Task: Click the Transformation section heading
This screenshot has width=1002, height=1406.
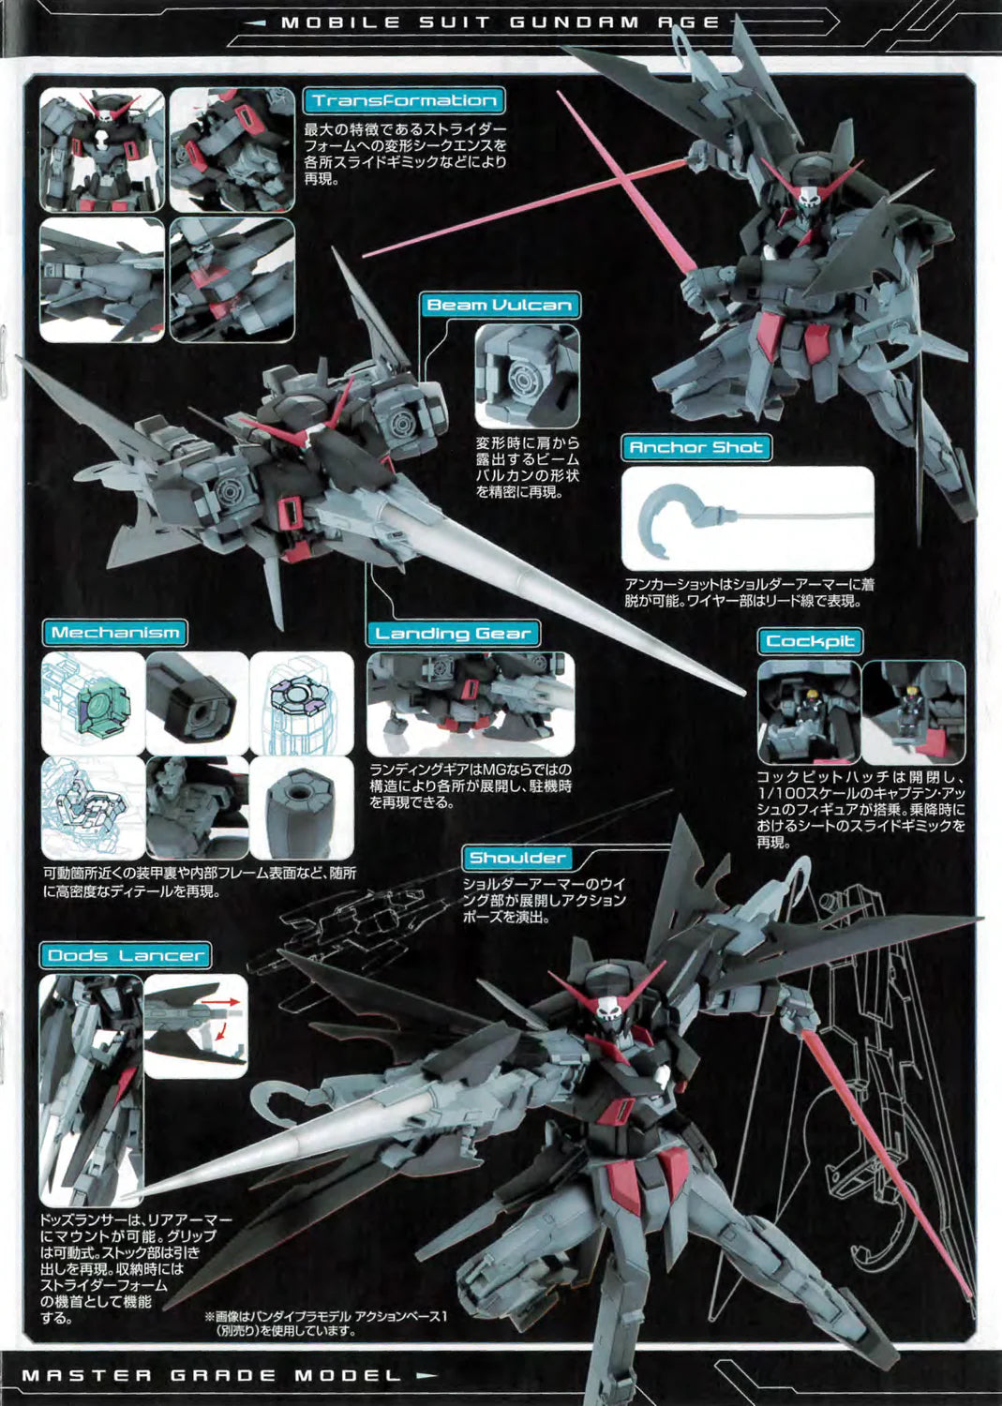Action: point(404,101)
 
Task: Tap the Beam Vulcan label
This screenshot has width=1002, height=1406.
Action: point(499,306)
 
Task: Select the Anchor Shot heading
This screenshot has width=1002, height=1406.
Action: point(695,448)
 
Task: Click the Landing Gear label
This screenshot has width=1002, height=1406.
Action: point(453,634)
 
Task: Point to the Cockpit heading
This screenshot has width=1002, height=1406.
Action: point(810,642)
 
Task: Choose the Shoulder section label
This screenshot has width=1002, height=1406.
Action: point(517,858)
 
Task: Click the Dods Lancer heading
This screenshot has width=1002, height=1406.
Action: point(126,956)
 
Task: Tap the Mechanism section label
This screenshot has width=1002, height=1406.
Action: point(115,633)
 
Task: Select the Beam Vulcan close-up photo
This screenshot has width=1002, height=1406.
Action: point(526,377)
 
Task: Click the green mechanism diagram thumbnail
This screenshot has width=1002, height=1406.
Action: point(94,704)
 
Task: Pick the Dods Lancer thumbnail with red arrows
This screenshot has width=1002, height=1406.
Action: point(196,1025)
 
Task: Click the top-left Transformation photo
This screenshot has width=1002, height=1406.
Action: point(101,150)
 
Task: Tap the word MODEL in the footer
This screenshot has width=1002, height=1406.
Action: point(348,1376)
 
